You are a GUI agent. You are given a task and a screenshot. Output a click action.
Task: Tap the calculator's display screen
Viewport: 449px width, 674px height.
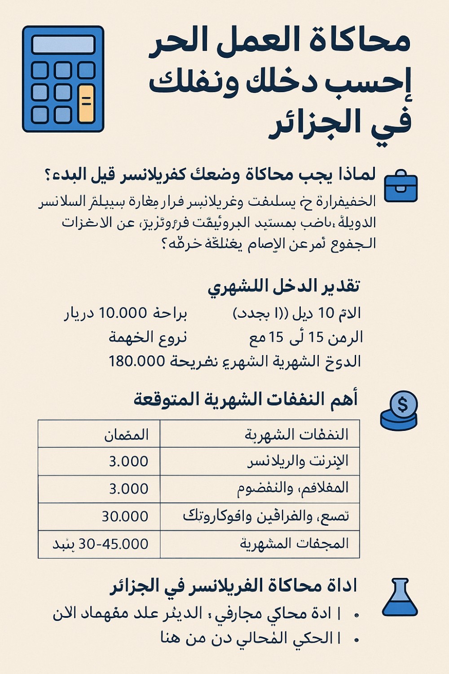click(63, 45)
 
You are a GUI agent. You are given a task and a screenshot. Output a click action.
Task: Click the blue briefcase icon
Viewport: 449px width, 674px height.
click(401, 186)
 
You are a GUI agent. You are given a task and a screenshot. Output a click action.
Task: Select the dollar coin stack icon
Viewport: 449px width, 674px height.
click(399, 411)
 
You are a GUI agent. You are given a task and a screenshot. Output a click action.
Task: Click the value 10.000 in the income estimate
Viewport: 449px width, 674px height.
click(123, 313)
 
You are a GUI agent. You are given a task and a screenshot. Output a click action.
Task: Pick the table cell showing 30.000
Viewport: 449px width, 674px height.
click(125, 516)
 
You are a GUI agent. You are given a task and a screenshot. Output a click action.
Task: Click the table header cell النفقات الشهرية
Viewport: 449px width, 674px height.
click(296, 434)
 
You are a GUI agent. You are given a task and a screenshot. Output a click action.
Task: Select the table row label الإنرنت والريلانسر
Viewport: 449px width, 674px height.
click(298, 461)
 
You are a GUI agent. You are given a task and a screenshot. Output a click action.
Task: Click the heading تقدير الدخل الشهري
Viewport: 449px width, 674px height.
click(283, 287)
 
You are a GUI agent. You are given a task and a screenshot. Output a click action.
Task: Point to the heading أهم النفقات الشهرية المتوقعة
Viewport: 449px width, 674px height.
click(246, 399)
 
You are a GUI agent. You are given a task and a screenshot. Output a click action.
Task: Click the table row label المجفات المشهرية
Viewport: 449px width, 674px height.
click(294, 544)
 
